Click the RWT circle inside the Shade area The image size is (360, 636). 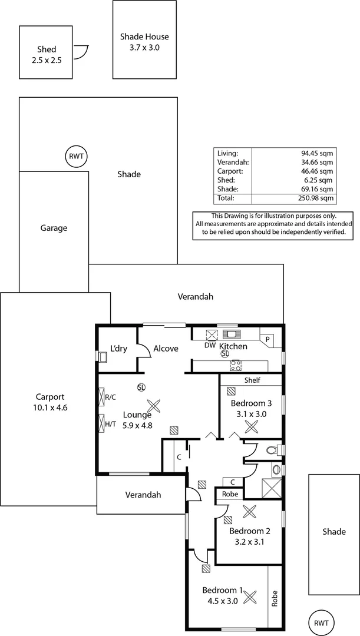coord(76,157)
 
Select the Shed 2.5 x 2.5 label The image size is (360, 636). coord(46,55)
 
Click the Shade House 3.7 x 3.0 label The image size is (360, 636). coord(144,42)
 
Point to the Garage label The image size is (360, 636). coord(54,228)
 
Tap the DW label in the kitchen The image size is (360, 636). coord(210,346)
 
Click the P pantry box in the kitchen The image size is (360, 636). coord(267,340)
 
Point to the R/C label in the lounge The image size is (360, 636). coord(110,397)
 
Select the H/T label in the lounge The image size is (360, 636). coord(110,423)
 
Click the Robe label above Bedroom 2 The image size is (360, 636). coord(230,494)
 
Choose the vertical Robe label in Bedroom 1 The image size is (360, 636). coord(275,599)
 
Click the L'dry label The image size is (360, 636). coord(119,349)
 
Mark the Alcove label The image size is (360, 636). coord(166,349)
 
